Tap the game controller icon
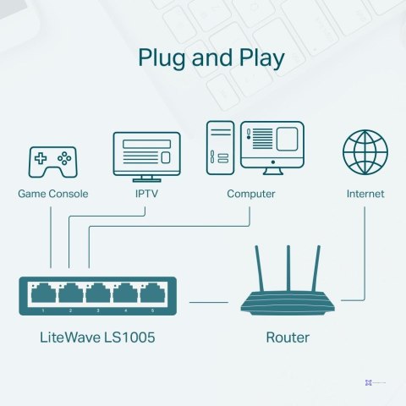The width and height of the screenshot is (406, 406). pyautogui.click(x=52, y=161)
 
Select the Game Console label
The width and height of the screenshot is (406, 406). pyautogui.click(x=52, y=194)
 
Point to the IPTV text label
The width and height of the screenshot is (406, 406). pyautogui.click(x=147, y=194)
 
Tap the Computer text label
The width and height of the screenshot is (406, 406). pyautogui.click(x=251, y=194)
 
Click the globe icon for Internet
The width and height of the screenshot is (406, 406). pyautogui.click(x=365, y=153)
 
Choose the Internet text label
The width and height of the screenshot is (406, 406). pyautogui.click(x=365, y=194)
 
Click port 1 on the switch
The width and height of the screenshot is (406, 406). pyautogui.click(x=44, y=294)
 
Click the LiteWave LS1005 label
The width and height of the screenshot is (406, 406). pyautogui.click(x=97, y=338)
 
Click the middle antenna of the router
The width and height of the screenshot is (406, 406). pyautogui.click(x=288, y=268)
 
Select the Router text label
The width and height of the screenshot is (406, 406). pyautogui.click(x=288, y=338)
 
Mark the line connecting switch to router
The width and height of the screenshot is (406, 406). pyautogui.click(x=209, y=301)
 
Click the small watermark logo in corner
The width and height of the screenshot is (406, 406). pyautogui.click(x=369, y=383)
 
